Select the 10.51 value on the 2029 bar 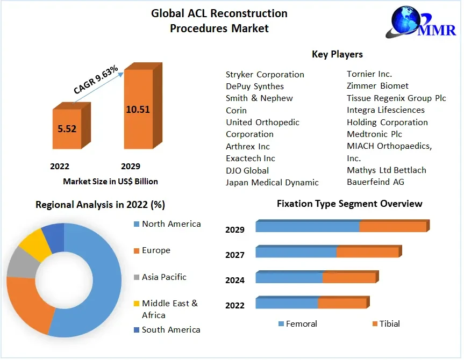(138, 109)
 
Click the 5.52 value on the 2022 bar (67, 129)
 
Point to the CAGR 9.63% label (96, 81)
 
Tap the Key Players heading (337, 54)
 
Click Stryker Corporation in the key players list (265, 75)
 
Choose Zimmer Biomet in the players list (377, 86)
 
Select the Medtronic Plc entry (374, 134)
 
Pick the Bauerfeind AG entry (375, 182)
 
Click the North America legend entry (171, 224)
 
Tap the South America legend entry (170, 330)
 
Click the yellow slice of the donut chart (33, 243)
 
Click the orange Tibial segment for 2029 (392, 227)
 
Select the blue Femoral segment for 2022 (287, 304)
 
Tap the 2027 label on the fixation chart (235, 255)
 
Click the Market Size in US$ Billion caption (110, 182)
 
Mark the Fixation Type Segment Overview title (349, 204)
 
